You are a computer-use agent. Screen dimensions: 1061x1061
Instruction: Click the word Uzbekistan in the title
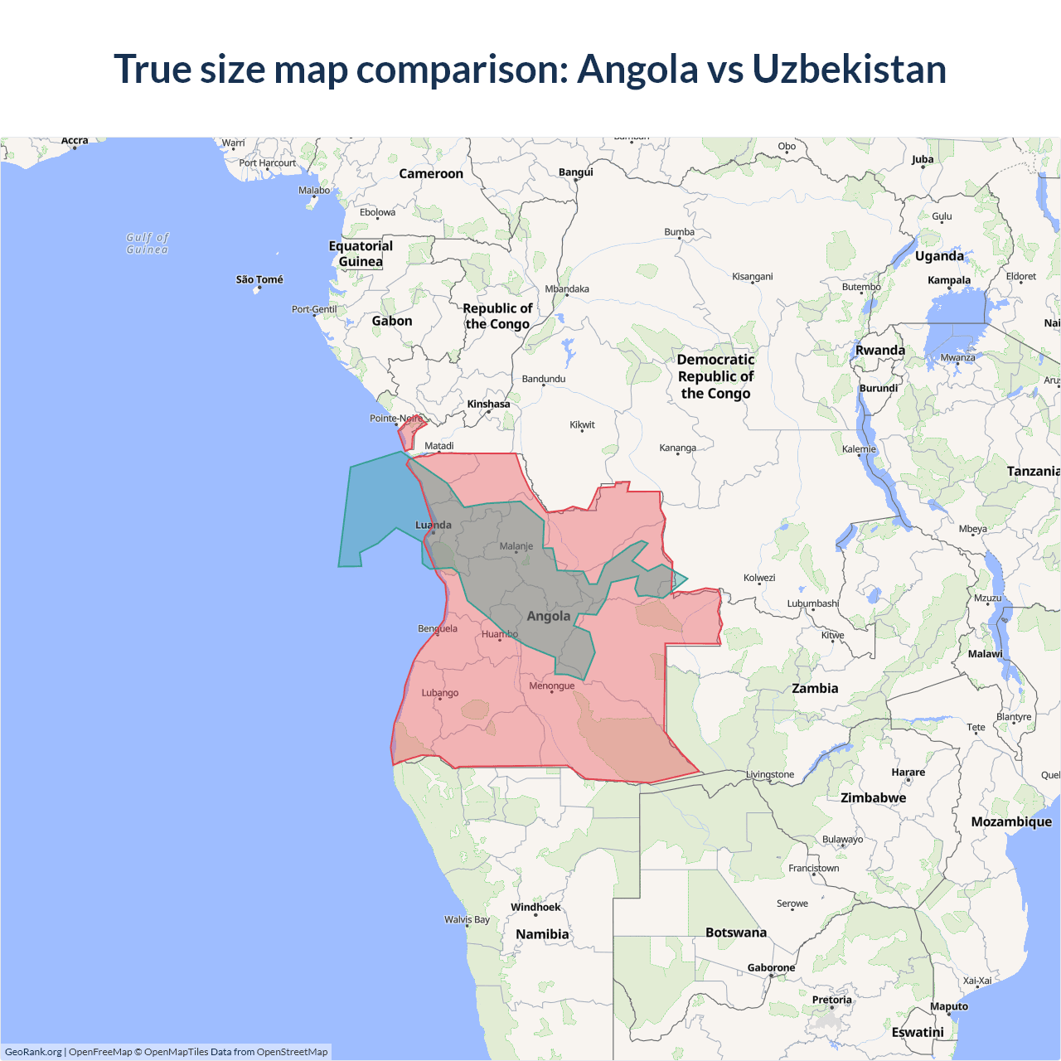(x=849, y=69)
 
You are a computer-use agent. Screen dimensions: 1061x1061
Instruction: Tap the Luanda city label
(x=434, y=525)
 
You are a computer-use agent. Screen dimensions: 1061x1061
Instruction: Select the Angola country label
(x=548, y=616)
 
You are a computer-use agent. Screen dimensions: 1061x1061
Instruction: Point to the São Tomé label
(x=259, y=279)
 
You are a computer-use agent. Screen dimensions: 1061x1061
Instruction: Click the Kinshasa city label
(x=488, y=404)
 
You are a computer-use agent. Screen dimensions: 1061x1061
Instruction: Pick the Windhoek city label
(x=535, y=907)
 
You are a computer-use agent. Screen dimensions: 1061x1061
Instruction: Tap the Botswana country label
(x=735, y=933)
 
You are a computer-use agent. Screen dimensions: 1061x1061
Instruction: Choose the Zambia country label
(x=815, y=688)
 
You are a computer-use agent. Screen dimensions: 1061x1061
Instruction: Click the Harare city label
(x=908, y=772)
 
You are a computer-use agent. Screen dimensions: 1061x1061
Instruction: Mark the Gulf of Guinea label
(x=148, y=243)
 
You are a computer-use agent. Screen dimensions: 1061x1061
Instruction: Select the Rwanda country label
(x=879, y=350)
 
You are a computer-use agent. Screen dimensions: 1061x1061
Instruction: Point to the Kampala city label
(x=948, y=280)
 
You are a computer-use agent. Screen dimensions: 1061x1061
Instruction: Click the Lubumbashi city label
(x=812, y=603)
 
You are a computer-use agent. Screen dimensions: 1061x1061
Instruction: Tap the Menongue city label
(x=551, y=686)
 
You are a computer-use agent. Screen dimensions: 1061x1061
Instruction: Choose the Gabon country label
(x=391, y=321)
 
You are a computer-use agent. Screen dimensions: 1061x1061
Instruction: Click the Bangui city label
(x=575, y=172)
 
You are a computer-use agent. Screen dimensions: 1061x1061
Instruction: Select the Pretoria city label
(x=831, y=1000)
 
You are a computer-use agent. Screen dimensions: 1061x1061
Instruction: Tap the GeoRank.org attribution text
(x=33, y=1052)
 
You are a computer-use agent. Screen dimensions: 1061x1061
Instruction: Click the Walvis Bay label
(x=467, y=919)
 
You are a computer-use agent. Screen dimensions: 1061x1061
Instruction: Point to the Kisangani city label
(x=752, y=276)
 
